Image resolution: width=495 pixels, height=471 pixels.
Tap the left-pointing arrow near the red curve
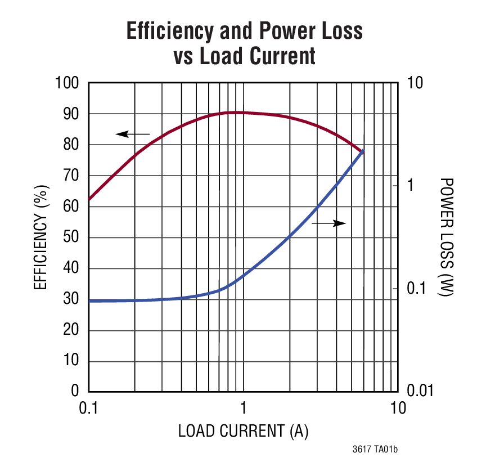(133, 134)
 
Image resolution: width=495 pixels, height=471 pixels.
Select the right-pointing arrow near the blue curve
(328, 223)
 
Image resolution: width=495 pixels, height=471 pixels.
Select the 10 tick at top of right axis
(411, 83)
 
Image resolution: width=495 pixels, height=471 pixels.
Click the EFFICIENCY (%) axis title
(40, 237)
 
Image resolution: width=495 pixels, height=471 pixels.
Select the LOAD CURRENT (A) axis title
(243, 432)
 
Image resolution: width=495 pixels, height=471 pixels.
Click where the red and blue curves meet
(363, 151)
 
